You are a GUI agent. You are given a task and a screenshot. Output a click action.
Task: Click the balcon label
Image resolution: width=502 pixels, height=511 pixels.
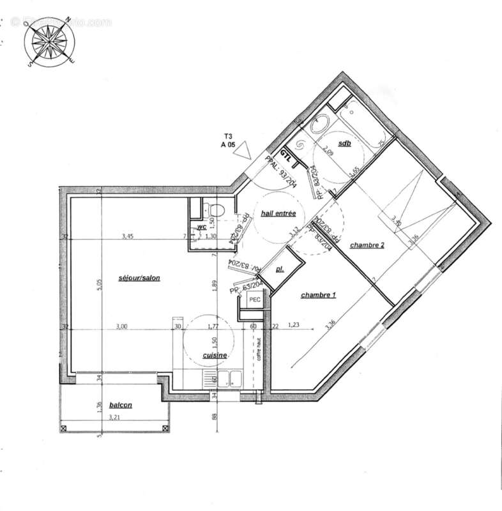coord(121,404)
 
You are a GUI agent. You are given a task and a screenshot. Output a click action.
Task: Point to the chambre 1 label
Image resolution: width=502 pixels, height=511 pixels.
coord(318,295)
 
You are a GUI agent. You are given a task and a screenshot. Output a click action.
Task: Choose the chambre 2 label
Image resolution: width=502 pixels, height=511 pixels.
coord(367,245)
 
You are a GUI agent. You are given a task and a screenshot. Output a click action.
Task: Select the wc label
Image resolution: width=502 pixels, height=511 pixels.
coord(201,227)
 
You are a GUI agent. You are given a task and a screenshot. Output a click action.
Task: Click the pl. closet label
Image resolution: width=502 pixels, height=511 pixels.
coord(280,270)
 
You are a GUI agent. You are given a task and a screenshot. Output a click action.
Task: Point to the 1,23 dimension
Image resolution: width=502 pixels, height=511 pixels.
coord(293,326)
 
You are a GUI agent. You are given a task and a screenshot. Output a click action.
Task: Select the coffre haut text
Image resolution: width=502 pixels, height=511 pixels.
coord(259,348)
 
